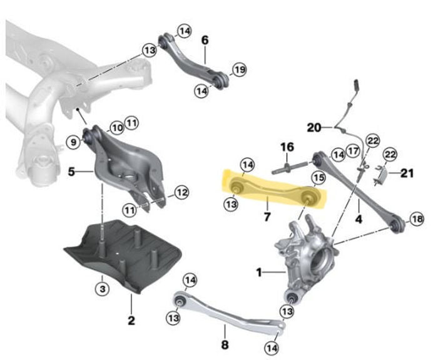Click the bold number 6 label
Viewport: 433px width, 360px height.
click(205, 40)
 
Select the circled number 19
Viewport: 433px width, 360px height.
click(239, 69)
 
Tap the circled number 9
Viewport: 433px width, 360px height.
click(73, 143)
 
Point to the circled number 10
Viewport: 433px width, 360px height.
click(117, 128)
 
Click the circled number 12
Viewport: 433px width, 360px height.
click(181, 193)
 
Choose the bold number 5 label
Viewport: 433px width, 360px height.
click(71, 172)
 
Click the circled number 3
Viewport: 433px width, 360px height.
click(102, 289)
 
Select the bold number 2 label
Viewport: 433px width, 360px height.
click(131, 320)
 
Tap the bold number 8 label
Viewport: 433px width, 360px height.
click(225, 344)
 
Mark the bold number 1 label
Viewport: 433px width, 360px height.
click(259, 273)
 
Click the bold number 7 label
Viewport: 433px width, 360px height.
click(267, 217)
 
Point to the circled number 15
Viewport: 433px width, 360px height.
click(318, 178)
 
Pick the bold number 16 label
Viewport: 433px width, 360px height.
click(287, 147)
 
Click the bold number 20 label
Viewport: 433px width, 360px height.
click(314, 128)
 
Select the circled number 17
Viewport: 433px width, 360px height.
click(353, 151)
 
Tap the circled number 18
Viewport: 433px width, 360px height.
click(417, 219)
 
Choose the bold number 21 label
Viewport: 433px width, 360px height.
click(407, 173)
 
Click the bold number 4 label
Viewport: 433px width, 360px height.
click(359, 219)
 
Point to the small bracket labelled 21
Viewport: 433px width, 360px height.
click(382, 173)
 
